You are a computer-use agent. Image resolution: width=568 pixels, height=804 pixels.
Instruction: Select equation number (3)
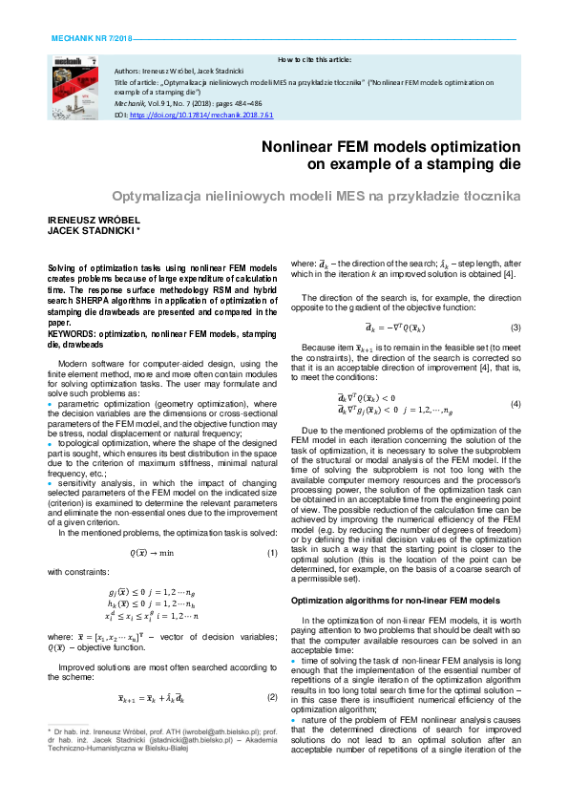pos(515,327)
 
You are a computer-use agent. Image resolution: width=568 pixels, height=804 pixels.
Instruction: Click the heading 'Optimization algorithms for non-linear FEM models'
pos(394,601)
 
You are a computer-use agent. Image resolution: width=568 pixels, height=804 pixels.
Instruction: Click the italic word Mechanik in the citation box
pos(129,103)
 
